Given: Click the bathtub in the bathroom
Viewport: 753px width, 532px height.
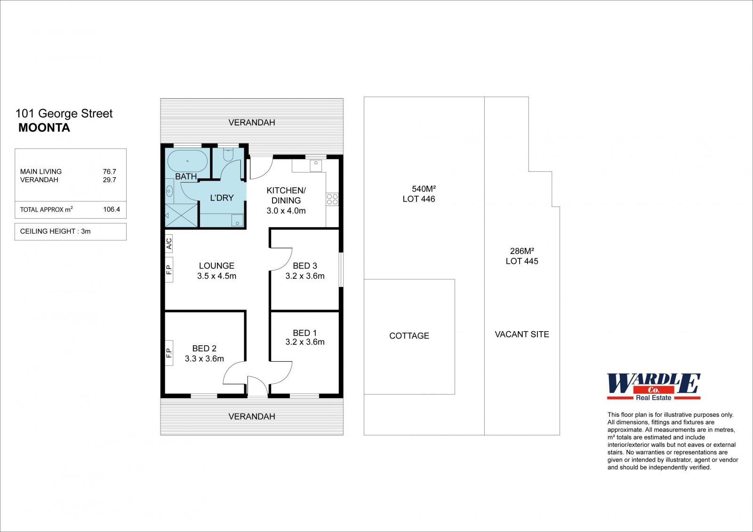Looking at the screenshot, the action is (188, 161).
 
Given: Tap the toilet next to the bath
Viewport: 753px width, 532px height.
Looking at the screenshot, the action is (228, 154).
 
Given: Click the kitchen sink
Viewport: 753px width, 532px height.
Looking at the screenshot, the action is (316, 166).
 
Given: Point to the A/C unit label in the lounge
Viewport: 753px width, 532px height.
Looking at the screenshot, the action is (169, 243).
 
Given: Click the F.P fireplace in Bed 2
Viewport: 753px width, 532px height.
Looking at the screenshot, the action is (169, 352).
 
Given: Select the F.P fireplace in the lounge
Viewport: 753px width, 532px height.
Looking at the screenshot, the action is (169, 270).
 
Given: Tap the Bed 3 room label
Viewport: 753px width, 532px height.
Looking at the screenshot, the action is (305, 266).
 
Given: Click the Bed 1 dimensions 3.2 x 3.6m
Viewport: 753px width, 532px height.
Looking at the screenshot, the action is (305, 342).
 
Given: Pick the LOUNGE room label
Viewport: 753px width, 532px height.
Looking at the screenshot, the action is (216, 266).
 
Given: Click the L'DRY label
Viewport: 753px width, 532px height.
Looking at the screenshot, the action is (222, 198).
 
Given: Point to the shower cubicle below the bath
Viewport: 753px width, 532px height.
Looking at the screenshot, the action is (181, 215).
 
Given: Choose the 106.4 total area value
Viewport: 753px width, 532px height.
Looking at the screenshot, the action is (112, 209).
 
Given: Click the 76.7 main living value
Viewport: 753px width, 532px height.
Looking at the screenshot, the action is (110, 171).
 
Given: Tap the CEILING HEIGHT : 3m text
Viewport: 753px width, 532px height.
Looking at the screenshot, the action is (56, 231).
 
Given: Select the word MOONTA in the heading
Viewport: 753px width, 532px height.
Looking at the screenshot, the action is (44, 127).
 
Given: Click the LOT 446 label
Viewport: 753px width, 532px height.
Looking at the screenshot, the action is (419, 199).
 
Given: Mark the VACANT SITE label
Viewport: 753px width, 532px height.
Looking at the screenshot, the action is (522, 334).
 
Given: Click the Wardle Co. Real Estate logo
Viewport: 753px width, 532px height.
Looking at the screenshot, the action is (654, 387).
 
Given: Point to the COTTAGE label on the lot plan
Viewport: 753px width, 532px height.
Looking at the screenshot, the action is (409, 336).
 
